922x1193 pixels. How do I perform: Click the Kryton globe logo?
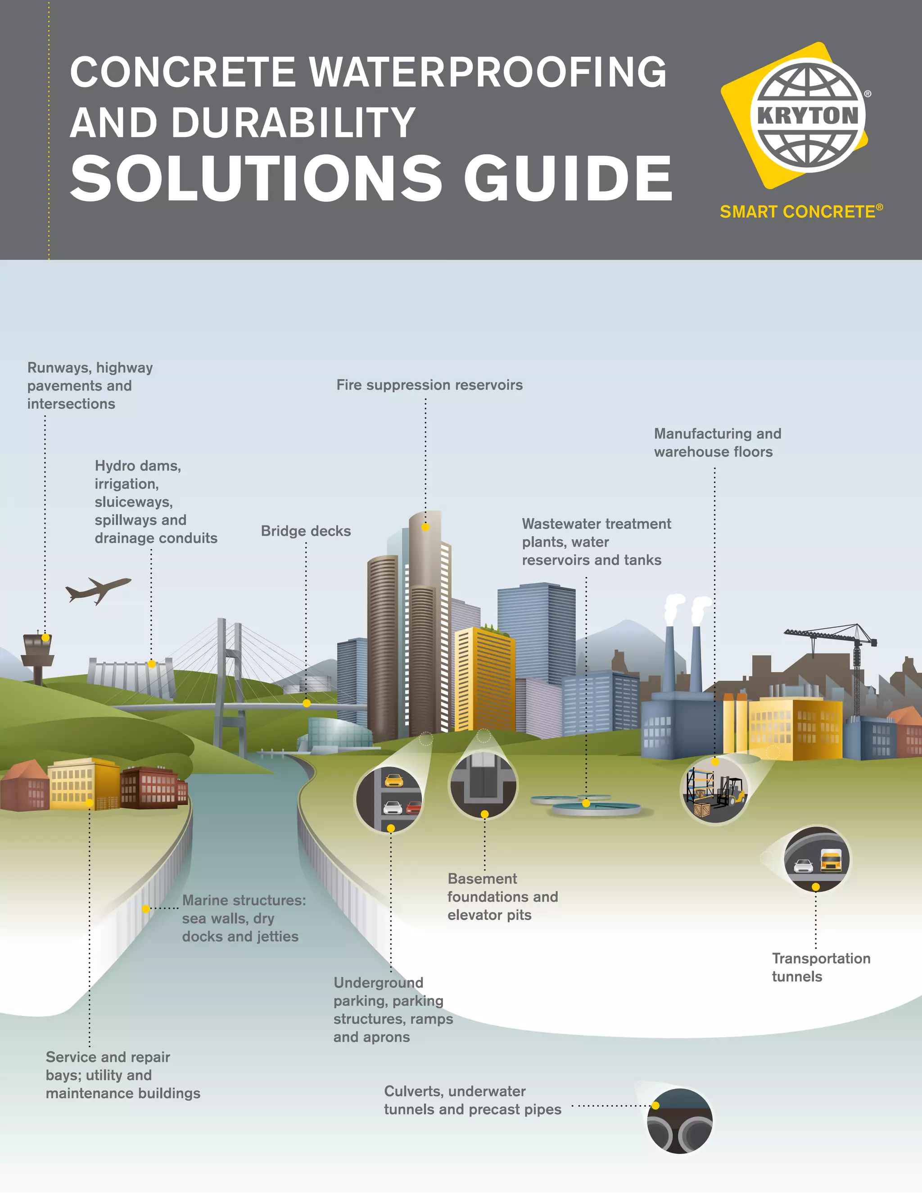[807, 115]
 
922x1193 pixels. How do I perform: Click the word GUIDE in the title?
[568, 178]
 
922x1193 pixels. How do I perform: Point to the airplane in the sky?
[98, 590]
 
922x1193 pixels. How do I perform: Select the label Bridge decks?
[306, 531]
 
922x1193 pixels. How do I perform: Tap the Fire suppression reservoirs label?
[429, 385]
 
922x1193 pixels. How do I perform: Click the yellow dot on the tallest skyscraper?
[425, 527]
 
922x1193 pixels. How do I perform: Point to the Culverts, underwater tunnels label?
[472, 1100]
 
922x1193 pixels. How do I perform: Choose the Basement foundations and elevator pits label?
[502, 896]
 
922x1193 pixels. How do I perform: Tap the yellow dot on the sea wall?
[146, 909]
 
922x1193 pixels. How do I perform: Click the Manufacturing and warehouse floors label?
[718, 443]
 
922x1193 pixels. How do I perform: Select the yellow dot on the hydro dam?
[152, 664]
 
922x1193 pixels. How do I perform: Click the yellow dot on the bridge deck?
[307, 703]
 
